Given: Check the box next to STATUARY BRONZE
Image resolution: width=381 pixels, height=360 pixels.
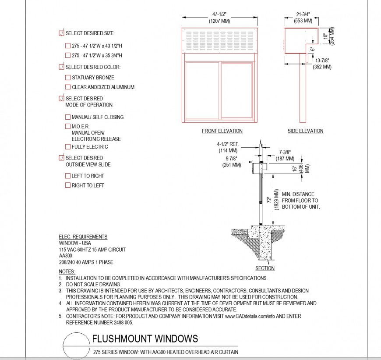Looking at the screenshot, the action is pos(68,78).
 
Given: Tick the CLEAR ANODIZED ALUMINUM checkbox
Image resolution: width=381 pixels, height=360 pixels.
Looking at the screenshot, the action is pos(68,87).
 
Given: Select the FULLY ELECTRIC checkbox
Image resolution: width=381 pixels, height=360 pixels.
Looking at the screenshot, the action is pos(68,147).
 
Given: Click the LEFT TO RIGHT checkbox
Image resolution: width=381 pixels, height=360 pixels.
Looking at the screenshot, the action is pos(68,176).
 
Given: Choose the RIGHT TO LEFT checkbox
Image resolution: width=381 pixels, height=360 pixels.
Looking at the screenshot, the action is pos(68,185).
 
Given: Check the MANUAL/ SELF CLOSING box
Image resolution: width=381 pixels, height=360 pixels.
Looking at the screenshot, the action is pos(68,117).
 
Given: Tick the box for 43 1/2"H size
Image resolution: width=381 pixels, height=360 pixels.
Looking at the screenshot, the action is pos(68,45).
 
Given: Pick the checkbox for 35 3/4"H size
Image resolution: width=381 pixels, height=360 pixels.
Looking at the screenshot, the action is pos(68,55).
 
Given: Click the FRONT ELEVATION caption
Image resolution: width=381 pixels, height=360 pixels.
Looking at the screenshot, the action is pos(222,131).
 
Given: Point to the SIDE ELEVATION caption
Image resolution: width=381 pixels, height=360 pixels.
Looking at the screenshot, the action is pos(305,131).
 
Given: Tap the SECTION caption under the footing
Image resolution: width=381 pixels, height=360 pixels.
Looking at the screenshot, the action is pos(265,268).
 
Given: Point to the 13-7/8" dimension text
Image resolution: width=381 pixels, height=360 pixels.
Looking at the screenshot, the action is pos(322,61).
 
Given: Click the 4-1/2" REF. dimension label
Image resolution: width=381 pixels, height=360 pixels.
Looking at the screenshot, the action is pos(230,144).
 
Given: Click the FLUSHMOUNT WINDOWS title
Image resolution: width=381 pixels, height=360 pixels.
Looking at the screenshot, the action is pos(145,339).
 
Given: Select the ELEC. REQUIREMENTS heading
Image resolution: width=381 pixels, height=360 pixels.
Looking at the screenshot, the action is pos(83,237).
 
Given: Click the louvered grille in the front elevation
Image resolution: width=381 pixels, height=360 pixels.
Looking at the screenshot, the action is pos(219,40).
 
